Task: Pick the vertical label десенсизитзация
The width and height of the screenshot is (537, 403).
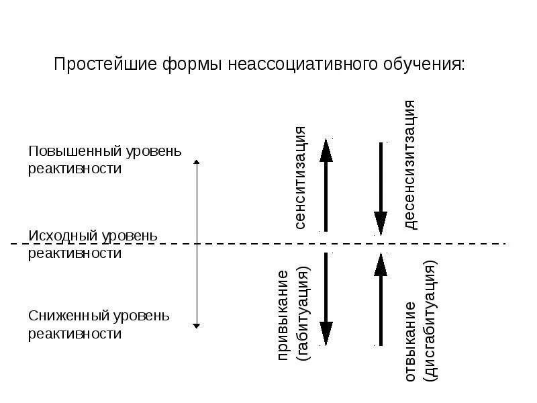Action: coord(410,165)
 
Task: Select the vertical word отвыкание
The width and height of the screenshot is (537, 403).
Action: coord(410,342)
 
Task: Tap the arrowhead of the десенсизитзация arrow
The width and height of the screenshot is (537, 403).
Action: coord(381,222)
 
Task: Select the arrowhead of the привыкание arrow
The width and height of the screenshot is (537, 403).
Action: coord(326,334)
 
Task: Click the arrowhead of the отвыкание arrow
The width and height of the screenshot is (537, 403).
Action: coord(381,263)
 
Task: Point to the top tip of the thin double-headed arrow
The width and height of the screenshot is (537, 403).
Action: coord(196,161)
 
